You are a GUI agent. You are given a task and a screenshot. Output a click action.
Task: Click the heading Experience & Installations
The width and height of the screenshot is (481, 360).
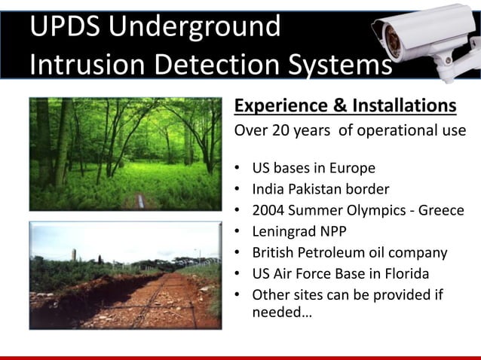point(345,105)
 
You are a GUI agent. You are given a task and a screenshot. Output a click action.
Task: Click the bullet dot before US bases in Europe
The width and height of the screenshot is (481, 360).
point(238,168)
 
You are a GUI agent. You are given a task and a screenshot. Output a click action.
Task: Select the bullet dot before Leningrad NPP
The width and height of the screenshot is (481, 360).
point(238,231)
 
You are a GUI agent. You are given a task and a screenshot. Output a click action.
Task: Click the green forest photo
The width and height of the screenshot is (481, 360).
point(125,154)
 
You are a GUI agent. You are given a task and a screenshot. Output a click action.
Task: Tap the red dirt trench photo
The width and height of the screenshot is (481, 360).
point(125,275)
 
